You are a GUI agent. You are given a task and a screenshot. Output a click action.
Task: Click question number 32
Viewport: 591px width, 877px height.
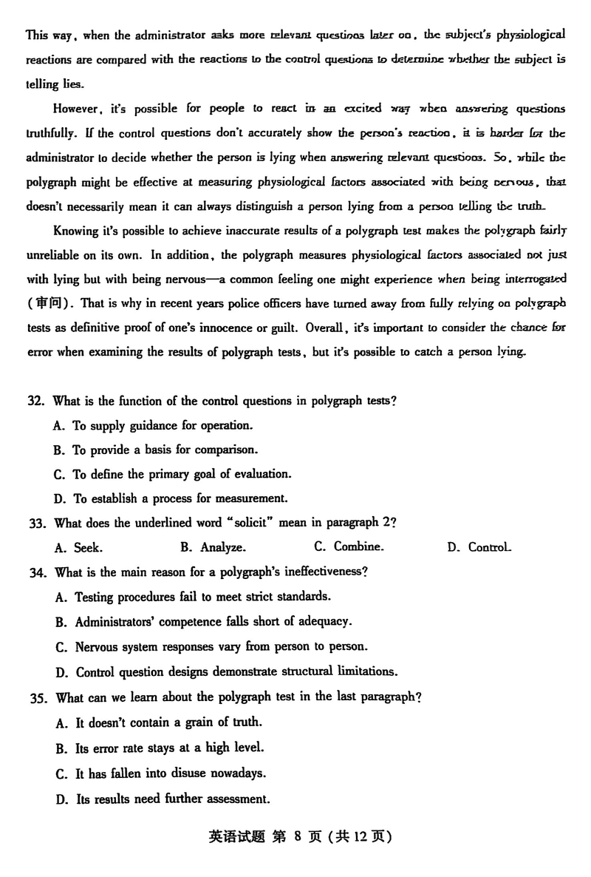[x=36, y=401]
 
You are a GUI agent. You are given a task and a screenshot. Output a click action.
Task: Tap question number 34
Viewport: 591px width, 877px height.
[x=36, y=572]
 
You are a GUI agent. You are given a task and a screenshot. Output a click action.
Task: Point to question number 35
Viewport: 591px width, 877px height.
[x=36, y=697]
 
